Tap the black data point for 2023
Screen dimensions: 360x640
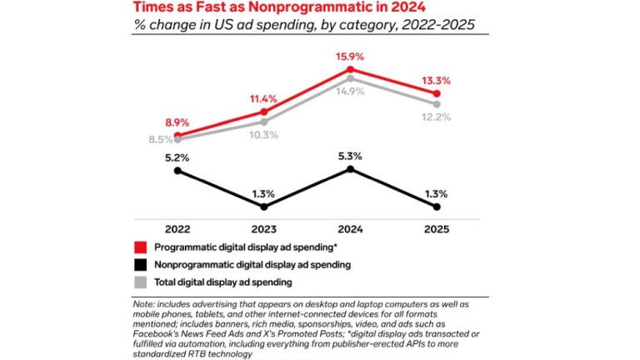tap(263, 207)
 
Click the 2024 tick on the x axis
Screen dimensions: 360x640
tap(350, 227)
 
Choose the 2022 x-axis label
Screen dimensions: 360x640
tap(177, 227)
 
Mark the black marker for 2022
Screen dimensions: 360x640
tap(177, 171)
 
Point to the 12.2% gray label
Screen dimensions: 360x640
tap(437, 117)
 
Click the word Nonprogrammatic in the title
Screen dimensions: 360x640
tap(287, 7)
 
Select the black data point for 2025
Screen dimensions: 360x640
tap(437, 207)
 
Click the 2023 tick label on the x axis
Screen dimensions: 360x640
tap(263, 227)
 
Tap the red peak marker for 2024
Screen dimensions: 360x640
tap(350, 70)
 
